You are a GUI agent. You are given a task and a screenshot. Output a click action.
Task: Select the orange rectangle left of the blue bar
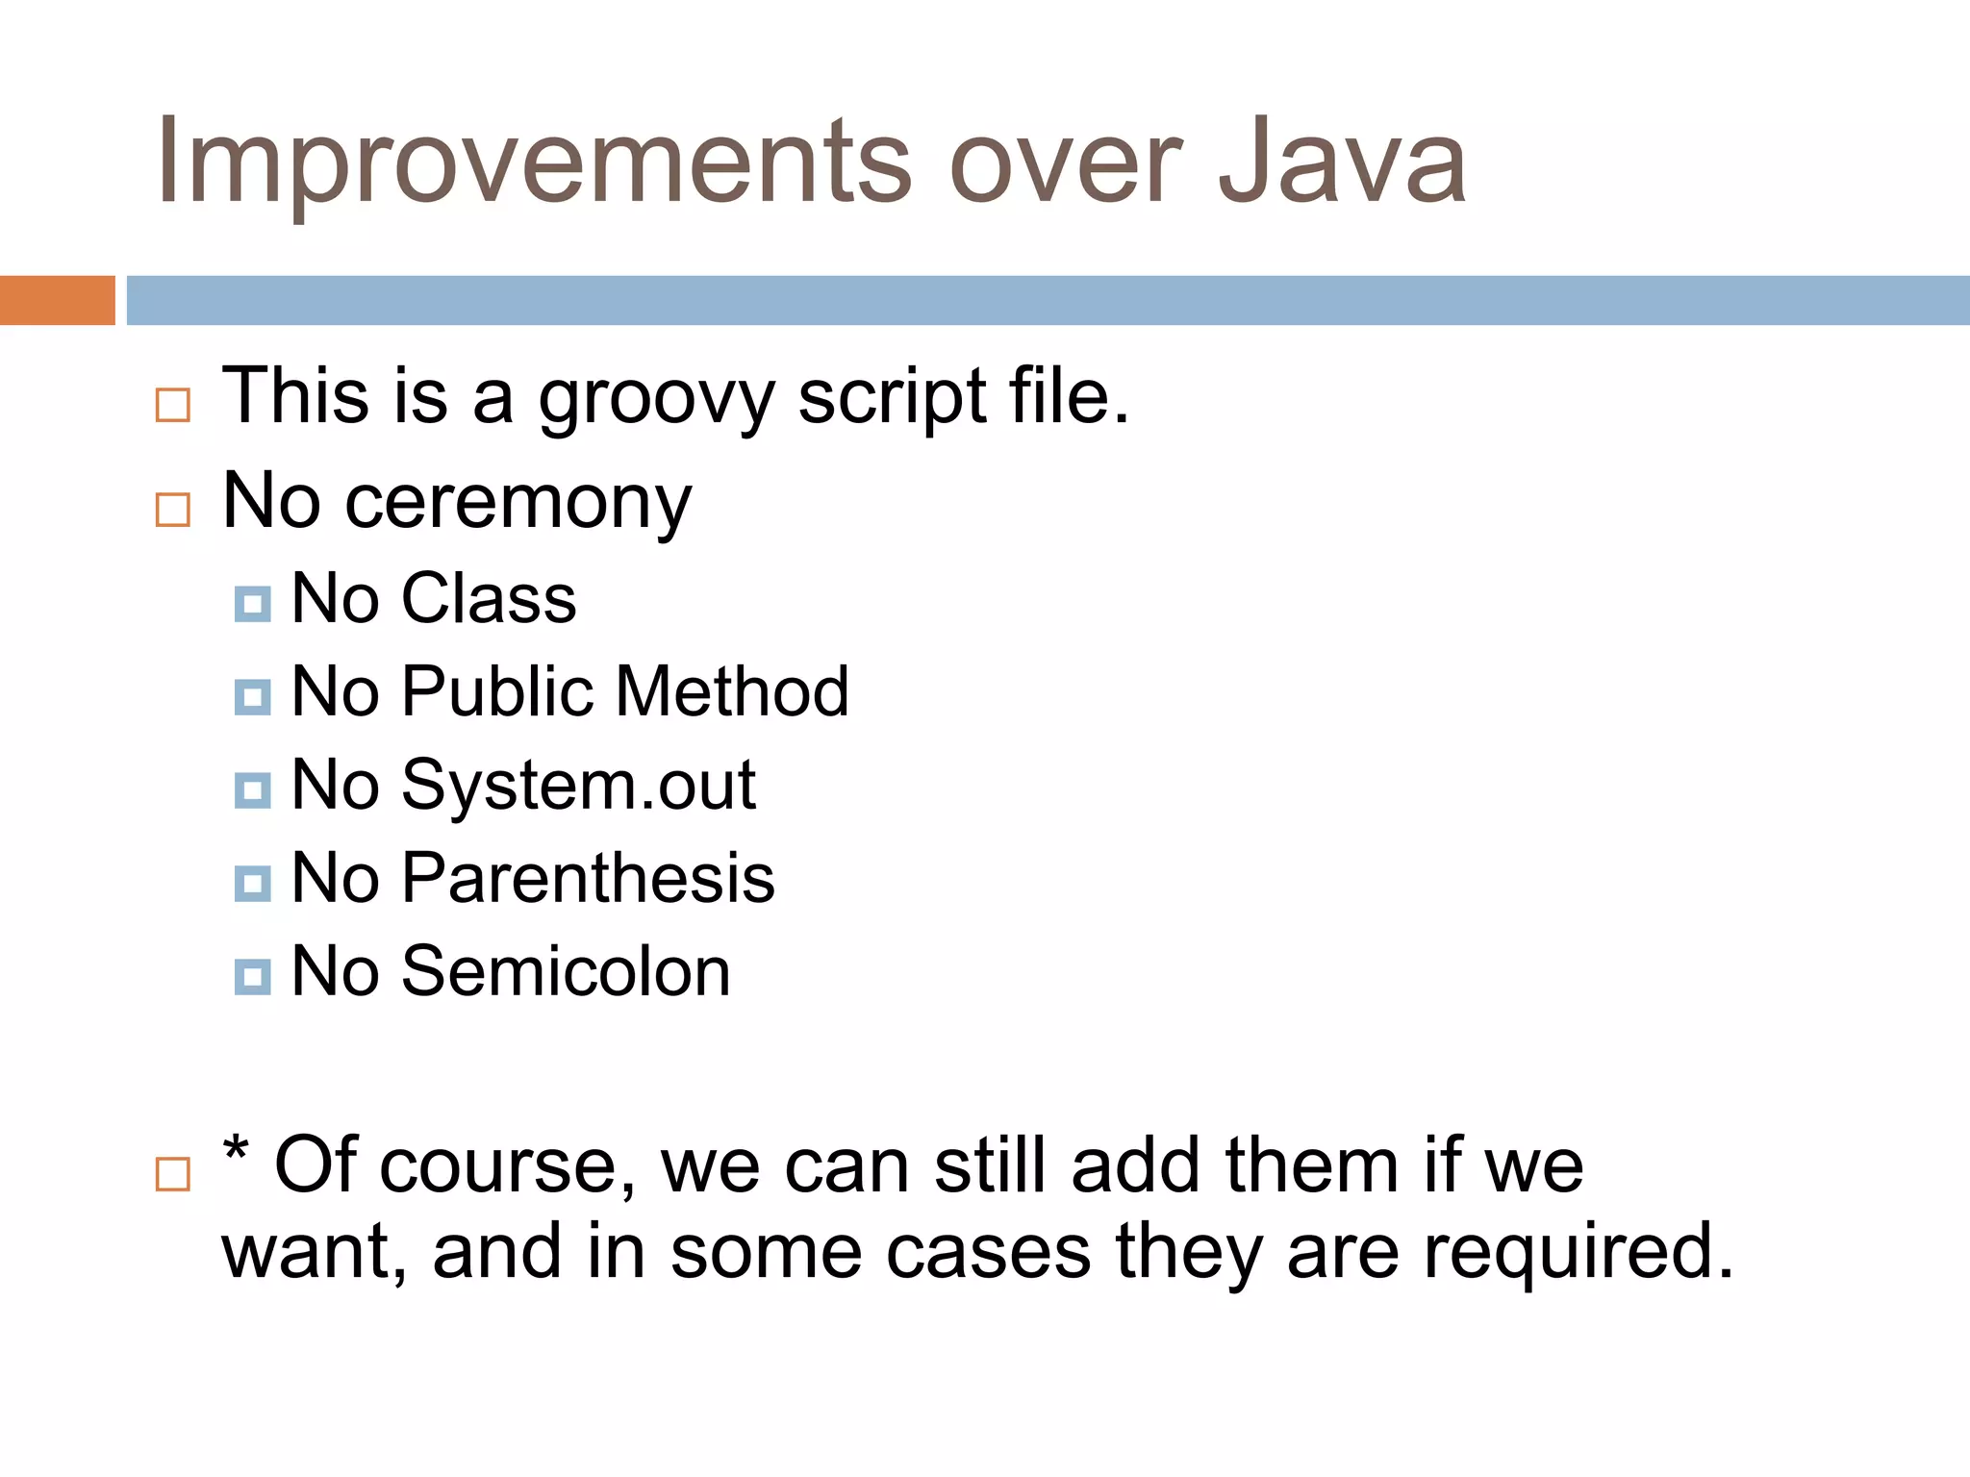pos(57,300)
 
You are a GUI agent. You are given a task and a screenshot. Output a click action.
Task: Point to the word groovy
pos(656,399)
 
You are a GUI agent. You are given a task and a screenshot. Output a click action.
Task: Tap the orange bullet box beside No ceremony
pos(173,510)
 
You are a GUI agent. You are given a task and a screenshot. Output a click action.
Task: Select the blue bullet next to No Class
pos(252,604)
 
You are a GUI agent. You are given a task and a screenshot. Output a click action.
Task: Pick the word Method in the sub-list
pos(732,692)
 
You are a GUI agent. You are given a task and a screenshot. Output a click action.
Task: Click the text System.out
pos(578,787)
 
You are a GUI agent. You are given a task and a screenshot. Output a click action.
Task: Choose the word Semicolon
pos(566,972)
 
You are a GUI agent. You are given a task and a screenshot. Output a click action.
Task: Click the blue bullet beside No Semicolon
pos(252,977)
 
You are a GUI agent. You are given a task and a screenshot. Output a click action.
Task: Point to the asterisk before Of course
pos(236,1150)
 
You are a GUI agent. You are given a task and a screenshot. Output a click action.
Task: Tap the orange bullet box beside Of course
pos(173,1174)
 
